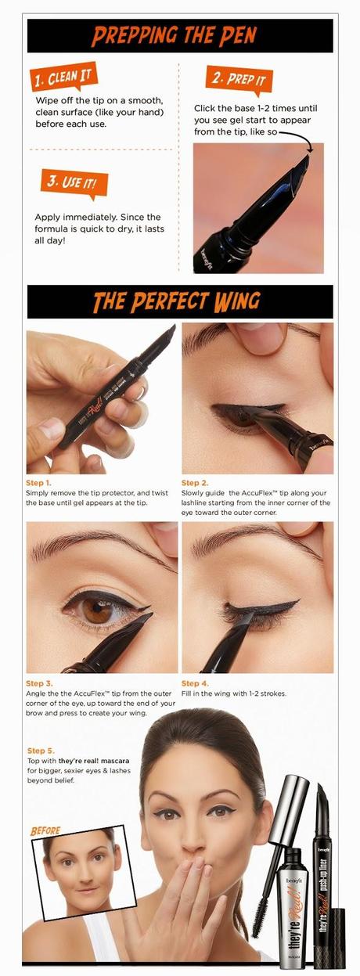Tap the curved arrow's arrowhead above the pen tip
[x=310, y=149]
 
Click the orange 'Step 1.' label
[x=38, y=483]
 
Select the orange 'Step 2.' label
[x=194, y=483]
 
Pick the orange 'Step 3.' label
[x=39, y=683]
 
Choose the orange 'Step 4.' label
[x=195, y=683]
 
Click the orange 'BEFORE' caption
[x=45, y=830]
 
